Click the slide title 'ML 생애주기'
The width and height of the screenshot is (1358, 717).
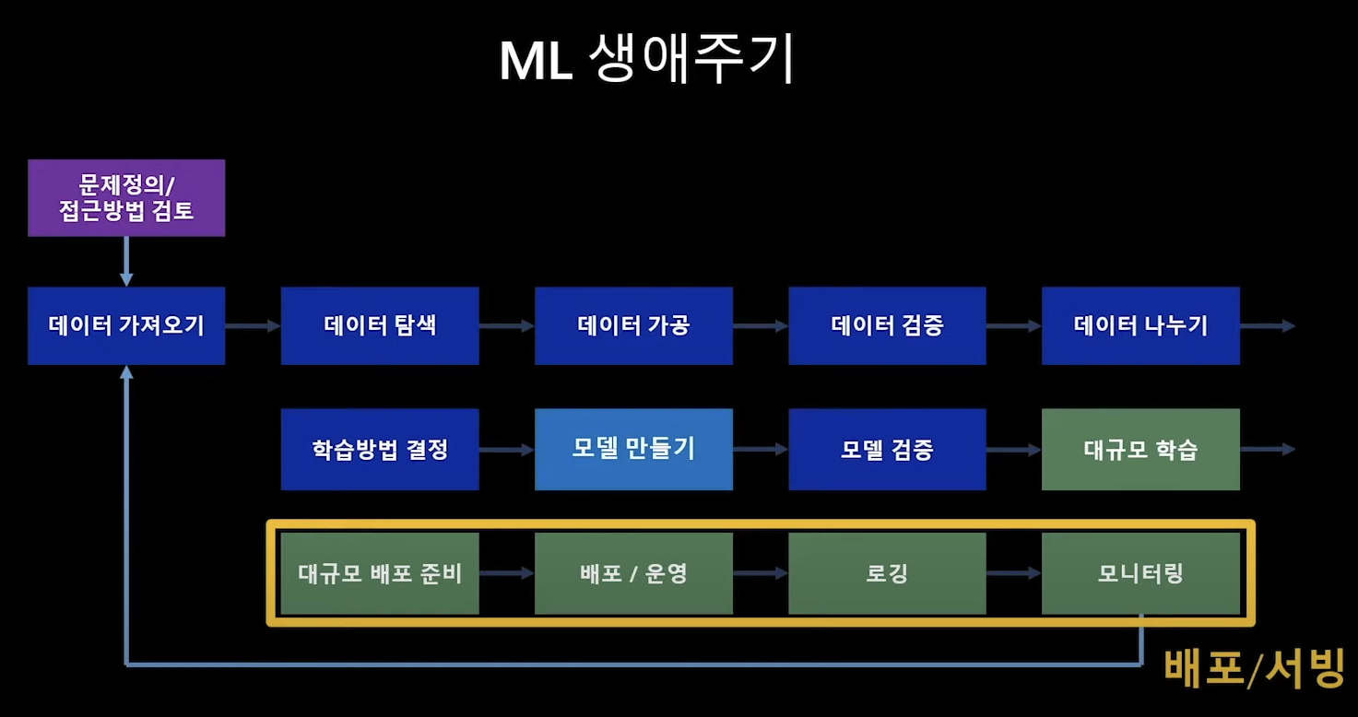(x=645, y=61)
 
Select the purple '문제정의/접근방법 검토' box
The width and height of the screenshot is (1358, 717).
(x=126, y=197)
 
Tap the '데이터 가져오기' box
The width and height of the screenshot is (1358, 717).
(x=126, y=325)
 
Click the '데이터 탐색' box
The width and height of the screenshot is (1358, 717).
(x=380, y=325)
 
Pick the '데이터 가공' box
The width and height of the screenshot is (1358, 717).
(x=633, y=325)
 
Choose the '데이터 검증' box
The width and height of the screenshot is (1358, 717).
(x=887, y=325)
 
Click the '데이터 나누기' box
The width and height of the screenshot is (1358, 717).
(x=1140, y=325)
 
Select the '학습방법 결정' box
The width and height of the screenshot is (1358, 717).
(x=380, y=449)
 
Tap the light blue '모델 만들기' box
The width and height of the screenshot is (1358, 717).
(x=633, y=449)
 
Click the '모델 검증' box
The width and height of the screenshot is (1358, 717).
(x=887, y=449)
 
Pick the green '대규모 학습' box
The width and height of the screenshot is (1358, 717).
(x=1140, y=449)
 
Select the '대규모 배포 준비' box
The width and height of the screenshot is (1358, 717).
(x=380, y=573)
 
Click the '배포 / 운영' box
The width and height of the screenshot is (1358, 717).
(x=633, y=573)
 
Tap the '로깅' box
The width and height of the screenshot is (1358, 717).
(x=887, y=573)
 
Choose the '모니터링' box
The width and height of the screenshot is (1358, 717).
(x=1140, y=573)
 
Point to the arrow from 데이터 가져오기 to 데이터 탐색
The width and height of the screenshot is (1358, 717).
(x=253, y=325)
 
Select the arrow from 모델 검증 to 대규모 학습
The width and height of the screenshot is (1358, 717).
(x=1013, y=449)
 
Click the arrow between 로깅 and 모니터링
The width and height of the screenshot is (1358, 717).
(x=1013, y=573)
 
